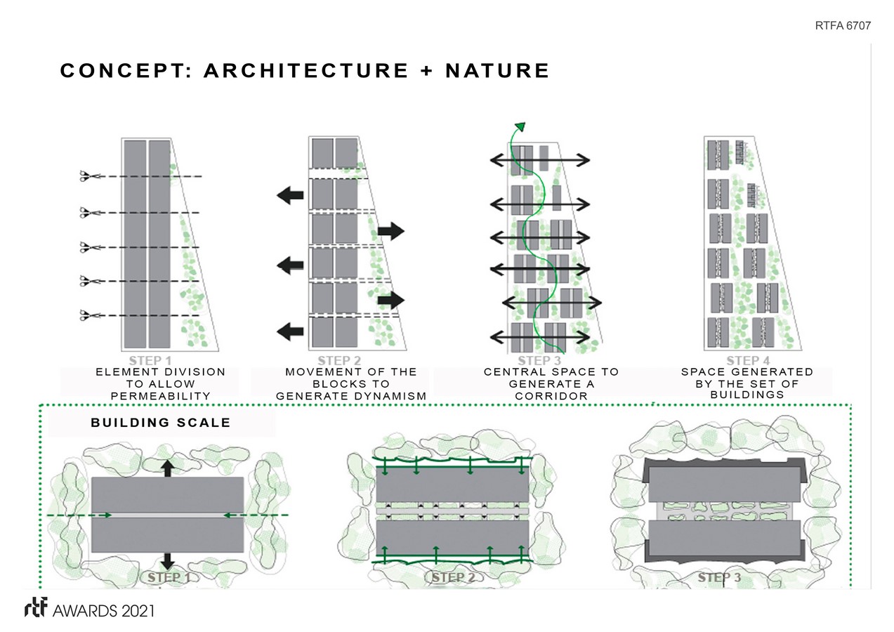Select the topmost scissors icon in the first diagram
tap(88, 177)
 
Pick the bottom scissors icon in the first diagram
tap(88, 315)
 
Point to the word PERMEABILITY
tap(161, 396)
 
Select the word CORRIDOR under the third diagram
tap(551, 396)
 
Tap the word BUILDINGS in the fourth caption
tap(747, 395)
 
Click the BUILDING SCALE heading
tap(160, 423)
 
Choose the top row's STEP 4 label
tap(747, 360)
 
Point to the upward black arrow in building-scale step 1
tap(167, 468)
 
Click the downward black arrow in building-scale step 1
tap(167, 560)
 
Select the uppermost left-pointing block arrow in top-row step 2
tap(290, 196)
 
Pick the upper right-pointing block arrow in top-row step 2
tap(391, 230)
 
